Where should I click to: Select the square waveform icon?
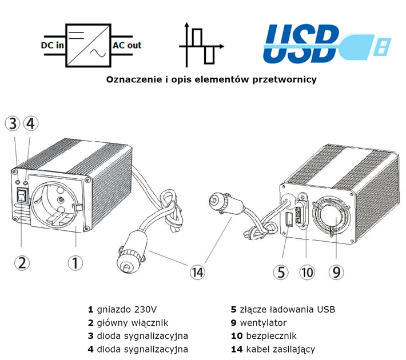click(x=201, y=46)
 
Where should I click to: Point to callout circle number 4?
click(x=31, y=123)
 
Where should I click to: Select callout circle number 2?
click(x=22, y=262)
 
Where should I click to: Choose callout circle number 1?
click(x=75, y=262)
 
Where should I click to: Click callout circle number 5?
click(x=281, y=272)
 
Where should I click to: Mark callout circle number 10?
click(x=307, y=272)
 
